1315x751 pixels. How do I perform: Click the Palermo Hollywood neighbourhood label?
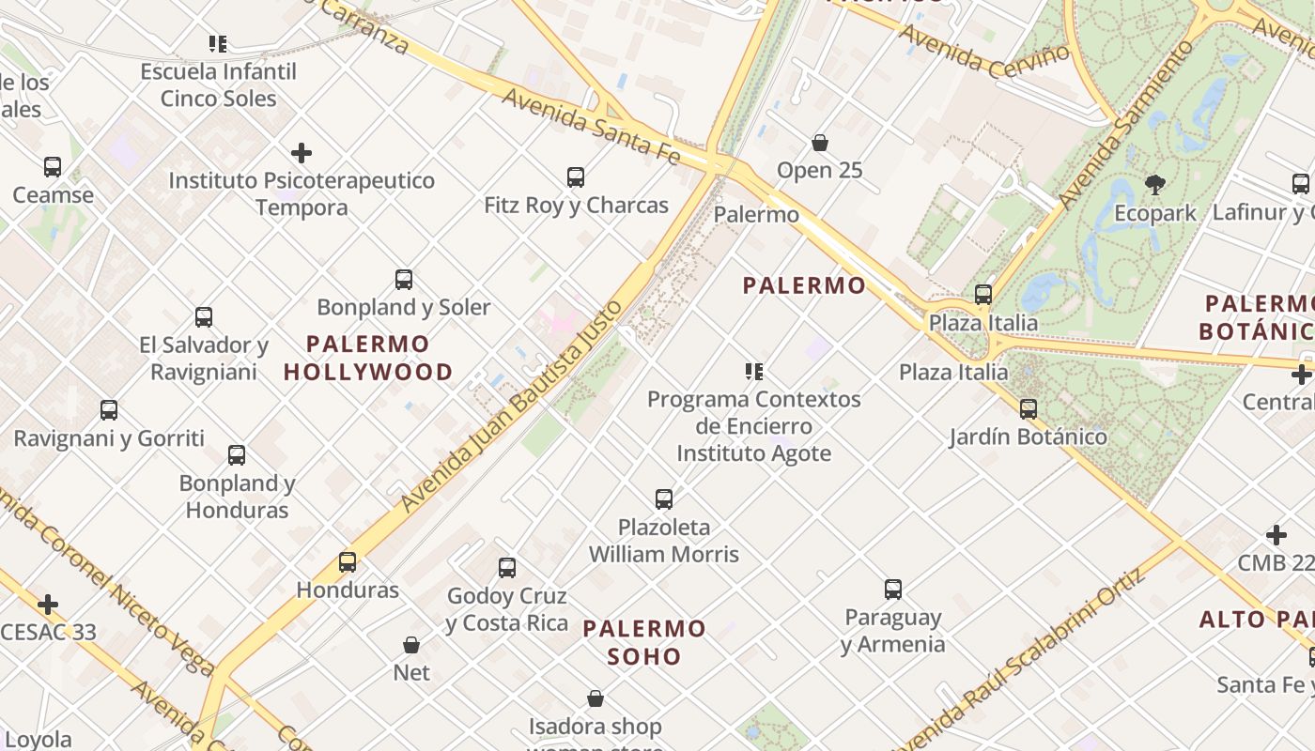(368, 358)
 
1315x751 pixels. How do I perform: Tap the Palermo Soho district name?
(643, 642)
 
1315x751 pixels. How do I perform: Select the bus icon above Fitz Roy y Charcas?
(576, 176)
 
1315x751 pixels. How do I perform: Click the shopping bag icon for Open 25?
(820, 143)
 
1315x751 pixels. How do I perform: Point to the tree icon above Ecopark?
(1155, 185)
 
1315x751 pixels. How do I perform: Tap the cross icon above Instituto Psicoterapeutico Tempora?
(302, 152)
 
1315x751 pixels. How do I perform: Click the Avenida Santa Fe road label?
(591, 126)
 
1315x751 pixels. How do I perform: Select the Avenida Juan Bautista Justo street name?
(512, 406)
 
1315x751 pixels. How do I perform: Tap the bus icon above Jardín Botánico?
(1029, 408)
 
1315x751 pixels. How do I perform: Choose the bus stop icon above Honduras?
(348, 562)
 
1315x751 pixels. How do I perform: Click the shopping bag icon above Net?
(411, 645)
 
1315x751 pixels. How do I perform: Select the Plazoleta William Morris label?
(664, 541)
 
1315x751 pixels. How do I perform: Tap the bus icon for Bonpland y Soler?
(404, 279)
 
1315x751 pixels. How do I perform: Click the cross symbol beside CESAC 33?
(48, 604)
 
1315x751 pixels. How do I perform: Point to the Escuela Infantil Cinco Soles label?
(218, 84)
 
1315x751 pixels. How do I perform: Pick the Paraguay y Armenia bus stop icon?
(893, 590)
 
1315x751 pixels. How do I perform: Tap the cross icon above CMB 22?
(1276, 535)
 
